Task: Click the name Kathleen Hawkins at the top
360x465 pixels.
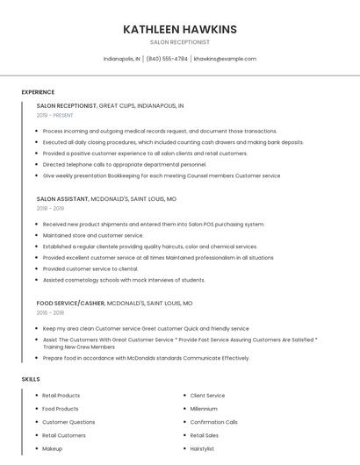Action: click(x=180, y=29)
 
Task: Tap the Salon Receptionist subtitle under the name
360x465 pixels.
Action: click(x=180, y=41)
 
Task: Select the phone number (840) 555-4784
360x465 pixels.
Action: click(x=167, y=59)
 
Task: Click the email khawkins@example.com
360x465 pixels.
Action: click(x=225, y=59)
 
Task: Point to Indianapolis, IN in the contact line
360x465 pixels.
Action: click(x=121, y=59)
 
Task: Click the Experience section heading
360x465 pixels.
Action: click(x=38, y=92)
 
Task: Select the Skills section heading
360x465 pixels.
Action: click(x=31, y=379)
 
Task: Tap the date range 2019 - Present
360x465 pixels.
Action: click(x=55, y=115)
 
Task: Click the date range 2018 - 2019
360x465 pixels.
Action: click(x=51, y=209)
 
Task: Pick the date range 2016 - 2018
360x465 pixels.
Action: click(x=51, y=312)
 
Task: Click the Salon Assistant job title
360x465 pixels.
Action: click(x=66, y=199)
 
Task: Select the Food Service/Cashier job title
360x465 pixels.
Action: click(x=70, y=303)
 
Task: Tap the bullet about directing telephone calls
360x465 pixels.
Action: click(x=125, y=164)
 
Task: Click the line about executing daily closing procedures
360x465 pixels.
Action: click(x=173, y=142)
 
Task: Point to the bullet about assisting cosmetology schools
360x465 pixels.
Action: click(x=124, y=280)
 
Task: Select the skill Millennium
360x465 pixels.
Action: click(x=204, y=409)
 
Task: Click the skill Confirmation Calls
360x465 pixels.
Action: click(x=214, y=422)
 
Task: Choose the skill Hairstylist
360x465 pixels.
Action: click(x=204, y=448)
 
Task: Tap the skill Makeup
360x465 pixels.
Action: click(x=53, y=448)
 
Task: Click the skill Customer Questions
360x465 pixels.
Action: click(x=68, y=422)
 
